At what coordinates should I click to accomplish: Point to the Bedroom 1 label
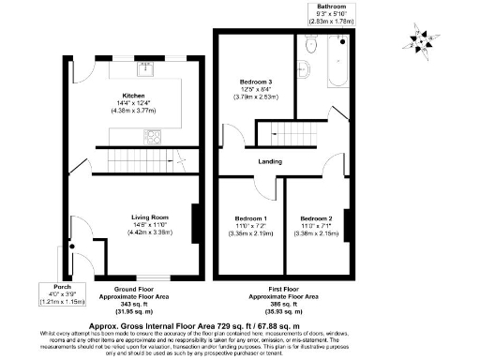point(248,217)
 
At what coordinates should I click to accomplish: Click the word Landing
point(271,161)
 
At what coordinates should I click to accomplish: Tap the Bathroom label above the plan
point(335,7)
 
